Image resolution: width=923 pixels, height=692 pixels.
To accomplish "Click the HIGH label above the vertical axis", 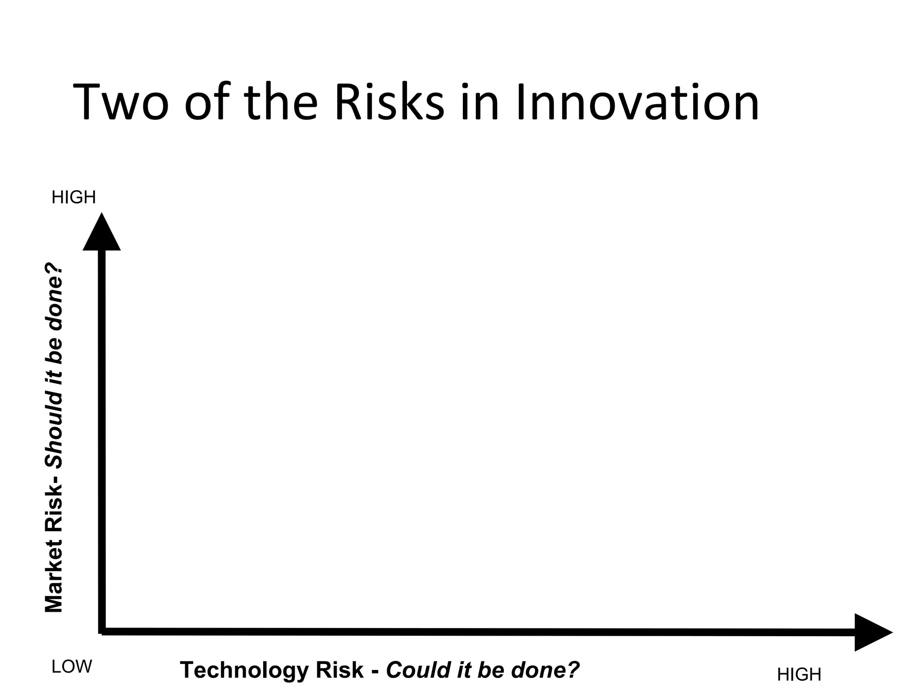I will click(74, 197).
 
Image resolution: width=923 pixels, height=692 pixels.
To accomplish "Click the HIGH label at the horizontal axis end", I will click(799, 674).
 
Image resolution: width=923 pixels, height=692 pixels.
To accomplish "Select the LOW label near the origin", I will click(72, 667).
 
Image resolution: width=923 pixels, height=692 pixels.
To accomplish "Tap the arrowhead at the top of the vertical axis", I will click(102, 233).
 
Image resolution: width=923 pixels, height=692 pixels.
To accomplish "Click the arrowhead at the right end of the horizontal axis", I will click(872, 632).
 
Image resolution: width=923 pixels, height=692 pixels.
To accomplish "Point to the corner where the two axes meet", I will click(102, 631).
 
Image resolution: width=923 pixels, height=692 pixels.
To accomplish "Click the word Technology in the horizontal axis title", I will click(244, 670).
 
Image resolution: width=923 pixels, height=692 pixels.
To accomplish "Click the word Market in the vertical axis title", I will click(54, 579).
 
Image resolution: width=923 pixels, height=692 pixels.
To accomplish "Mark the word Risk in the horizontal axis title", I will click(339, 670).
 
